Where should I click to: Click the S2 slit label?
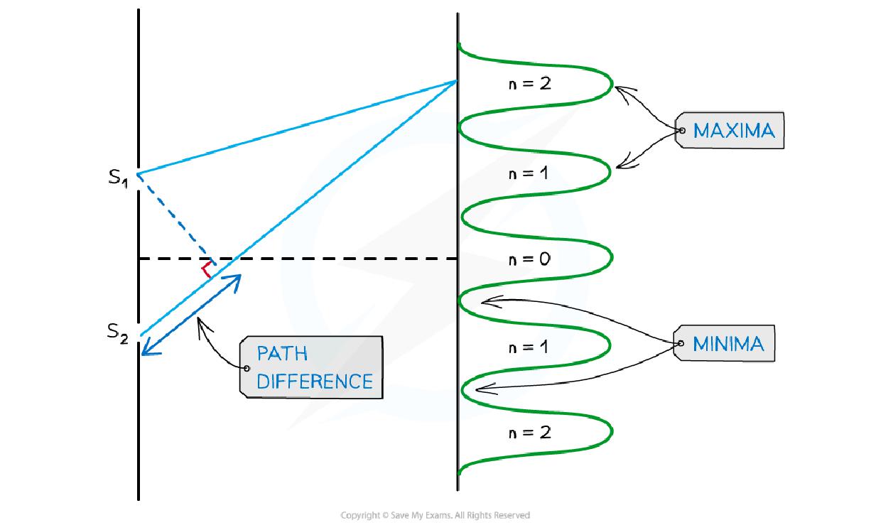pos(118,332)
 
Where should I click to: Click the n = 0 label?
pos(529,259)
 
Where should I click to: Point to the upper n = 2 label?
pos(529,83)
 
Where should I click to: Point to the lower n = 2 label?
pos(529,432)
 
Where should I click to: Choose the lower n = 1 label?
pos(529,347)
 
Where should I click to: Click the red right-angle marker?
pos(207,271)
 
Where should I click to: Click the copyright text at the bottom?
pos(435,515)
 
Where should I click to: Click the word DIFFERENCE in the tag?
pos(314,382)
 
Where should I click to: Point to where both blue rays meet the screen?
pos(457,82)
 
